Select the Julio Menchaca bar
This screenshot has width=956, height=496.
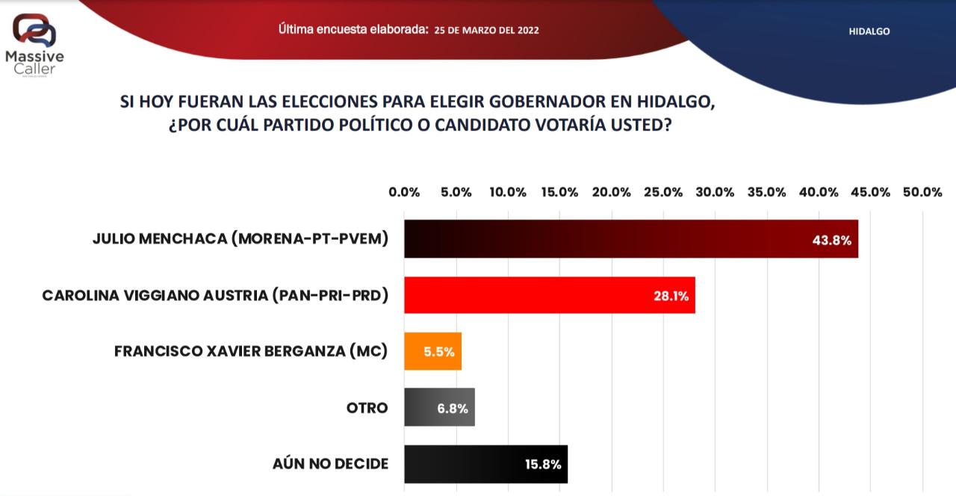(x=631, y=239)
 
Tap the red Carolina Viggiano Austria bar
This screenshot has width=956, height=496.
(x=550, y=295)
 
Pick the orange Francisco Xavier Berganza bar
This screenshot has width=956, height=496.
(x=432, y=351)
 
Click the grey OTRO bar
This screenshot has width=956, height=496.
(x=439, y=408)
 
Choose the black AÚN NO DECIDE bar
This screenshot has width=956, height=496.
(x=485, y=464)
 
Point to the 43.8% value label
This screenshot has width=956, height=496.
(x=831, y=241)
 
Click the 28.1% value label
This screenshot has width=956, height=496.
(x=670, y=297)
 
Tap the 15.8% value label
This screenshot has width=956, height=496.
(x=542, y=465)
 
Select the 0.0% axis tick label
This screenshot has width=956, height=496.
(x=404, y=192)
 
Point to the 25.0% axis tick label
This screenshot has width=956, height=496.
(x=663, y=192)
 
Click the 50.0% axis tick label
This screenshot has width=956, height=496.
(x=922, y=192)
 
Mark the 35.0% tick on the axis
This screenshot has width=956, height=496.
(x=767, y=192)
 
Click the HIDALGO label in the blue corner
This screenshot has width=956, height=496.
(x=869, y=31)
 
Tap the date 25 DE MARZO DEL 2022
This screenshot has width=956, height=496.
(x=486, y=31)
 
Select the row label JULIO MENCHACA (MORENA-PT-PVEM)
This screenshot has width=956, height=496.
(x=240, y=239)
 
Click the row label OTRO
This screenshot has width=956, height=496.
(x=367, y=408)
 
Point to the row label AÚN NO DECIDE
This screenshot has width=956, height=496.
(x=331, y=464)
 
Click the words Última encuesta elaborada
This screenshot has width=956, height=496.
(x=353, y=30)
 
